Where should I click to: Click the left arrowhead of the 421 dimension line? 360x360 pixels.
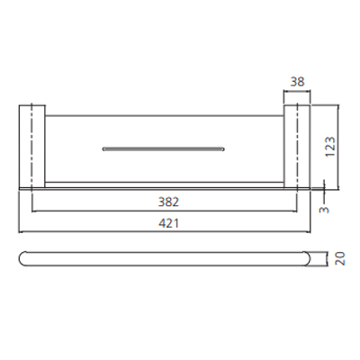click(x=22, y=233)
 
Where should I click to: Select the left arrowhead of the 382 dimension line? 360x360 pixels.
click(x=34, y=214)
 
